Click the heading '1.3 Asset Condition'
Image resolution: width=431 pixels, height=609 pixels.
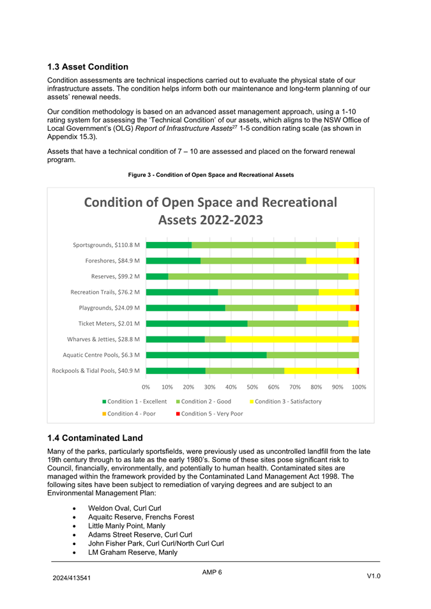(x=87, y=66)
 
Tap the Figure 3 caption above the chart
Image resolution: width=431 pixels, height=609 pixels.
(x=211, y=175)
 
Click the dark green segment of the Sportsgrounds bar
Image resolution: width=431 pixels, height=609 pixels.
(x=169, y=245)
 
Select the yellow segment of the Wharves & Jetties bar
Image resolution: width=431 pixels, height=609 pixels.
(x=288, y=339)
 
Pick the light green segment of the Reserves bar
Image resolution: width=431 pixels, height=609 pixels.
(x=258, y=276)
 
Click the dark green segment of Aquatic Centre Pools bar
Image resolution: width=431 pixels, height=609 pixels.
(x=206, y=355)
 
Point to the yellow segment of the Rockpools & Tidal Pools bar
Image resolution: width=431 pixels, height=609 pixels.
(x=320, y=370)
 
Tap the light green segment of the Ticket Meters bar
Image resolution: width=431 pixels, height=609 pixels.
(x=298, y=324)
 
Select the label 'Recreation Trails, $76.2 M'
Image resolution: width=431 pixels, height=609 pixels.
(x=105, y=292)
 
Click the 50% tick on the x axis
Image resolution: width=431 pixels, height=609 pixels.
(x=252, y=386)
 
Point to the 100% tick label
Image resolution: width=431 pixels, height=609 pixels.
(x=358, y=386)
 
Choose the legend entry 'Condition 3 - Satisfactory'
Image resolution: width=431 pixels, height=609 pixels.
(x=287, y=402)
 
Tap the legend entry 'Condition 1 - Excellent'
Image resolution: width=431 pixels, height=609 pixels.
(x=136, y=402)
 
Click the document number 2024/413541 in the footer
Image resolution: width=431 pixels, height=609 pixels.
(x=70, y=577)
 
